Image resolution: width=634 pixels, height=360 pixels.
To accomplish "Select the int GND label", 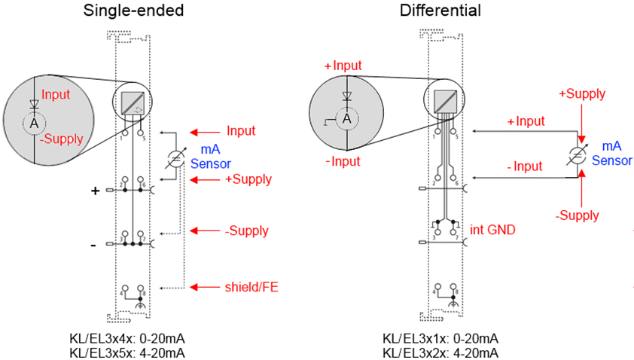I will (x=492, y=230).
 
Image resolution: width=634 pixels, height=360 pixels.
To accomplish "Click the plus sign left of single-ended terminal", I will (x=96, y=191).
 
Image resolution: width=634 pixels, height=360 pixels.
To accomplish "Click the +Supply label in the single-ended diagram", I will (x=248, y=180).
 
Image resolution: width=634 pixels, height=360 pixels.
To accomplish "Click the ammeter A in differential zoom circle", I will (x=346, y=118).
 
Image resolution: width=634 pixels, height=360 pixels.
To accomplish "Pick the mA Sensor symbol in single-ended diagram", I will (x=175, y=158).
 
